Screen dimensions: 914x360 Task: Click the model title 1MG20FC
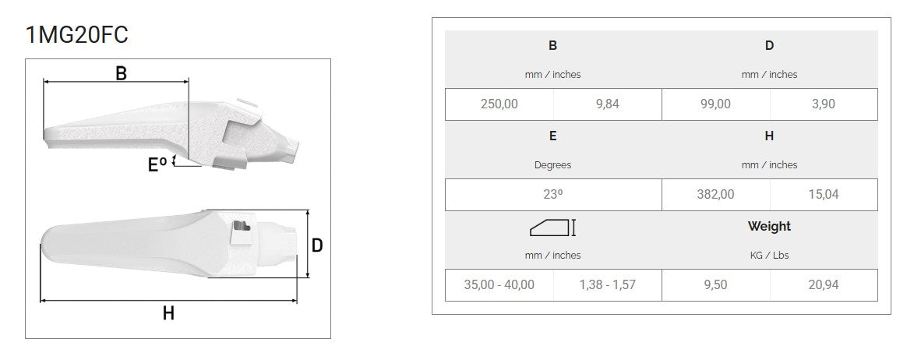point(76,35)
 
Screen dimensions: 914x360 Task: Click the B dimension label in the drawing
point(122,73)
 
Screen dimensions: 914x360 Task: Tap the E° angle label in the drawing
point(157,164)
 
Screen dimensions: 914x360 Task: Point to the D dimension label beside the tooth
point(317,245)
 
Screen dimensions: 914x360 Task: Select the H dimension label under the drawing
point(168,313)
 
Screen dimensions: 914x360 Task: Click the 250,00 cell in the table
point(499,104)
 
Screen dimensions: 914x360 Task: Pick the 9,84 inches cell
point(608,104)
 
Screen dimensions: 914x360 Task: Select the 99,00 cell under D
point(716,104)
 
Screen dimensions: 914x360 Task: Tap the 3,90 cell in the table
point(824,104)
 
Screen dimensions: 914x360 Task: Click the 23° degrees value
point(553,195)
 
